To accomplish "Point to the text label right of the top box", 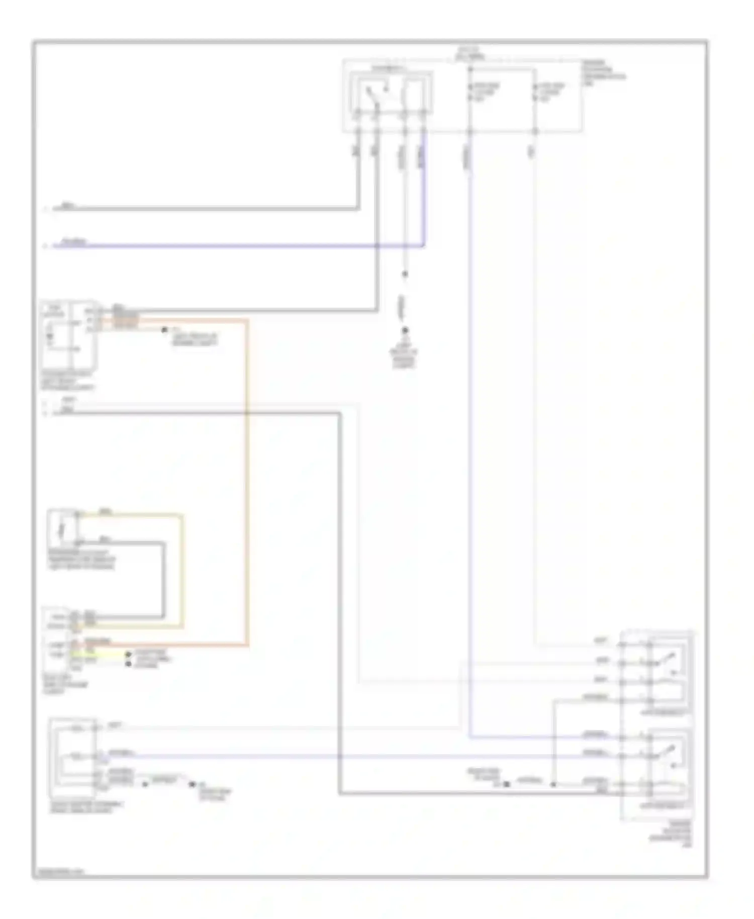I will (x=603, y=73).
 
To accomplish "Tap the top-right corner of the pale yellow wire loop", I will (x=182, y=515).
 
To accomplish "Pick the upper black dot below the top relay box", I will (x=405, y=274).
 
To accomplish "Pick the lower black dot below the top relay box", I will (x=405, y=330).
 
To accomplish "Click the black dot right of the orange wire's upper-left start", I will (x=164, y=330).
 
